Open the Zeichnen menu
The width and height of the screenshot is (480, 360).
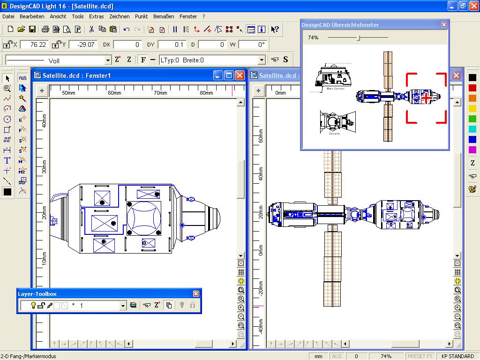(119, 16)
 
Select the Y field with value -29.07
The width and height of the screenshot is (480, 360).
(82, 45)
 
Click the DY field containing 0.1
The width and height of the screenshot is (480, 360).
(172, 45)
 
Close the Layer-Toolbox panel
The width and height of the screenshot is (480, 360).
(196, 294)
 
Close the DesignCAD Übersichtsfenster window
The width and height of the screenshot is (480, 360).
(443, 25)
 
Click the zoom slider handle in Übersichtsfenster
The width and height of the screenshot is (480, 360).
(358, 37)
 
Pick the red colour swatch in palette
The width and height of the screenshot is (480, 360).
(472, 88)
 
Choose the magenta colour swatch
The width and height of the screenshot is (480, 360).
(472, 150)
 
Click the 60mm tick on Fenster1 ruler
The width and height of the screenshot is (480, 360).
(114, 93)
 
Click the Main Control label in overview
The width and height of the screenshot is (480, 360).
(335, 89)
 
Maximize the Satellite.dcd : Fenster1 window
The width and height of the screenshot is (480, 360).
(229, 75)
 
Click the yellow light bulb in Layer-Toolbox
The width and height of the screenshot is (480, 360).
(33, 306)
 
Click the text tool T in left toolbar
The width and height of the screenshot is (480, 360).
(7, 160)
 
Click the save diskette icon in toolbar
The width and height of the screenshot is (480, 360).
(32, 30)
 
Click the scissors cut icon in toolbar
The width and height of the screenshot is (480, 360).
(91, 30)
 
